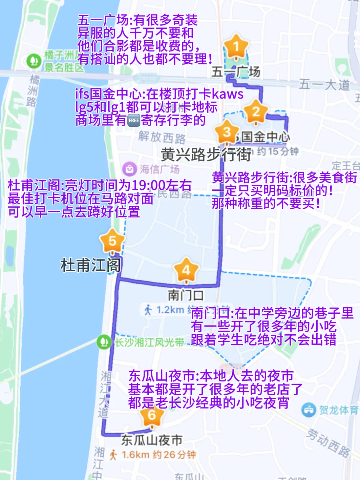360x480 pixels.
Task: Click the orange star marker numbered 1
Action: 236,46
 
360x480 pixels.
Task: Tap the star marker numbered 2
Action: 256,111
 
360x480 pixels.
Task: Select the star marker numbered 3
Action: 227,132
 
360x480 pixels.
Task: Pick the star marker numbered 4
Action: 186,270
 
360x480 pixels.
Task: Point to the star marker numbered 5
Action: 112,241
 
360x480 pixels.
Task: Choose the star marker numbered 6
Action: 152,415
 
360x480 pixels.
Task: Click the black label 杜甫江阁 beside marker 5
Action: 90,265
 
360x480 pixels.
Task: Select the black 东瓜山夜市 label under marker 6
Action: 151,440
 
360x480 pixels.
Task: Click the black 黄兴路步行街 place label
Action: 206,155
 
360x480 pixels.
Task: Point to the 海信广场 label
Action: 160,169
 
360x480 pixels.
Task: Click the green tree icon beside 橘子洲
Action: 33,61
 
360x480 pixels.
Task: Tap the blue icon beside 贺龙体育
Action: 309,410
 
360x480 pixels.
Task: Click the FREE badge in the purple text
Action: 134,120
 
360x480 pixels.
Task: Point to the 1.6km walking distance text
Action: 135,455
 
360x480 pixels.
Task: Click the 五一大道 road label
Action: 324,84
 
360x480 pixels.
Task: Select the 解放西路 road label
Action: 162,137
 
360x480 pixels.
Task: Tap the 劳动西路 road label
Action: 328,443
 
